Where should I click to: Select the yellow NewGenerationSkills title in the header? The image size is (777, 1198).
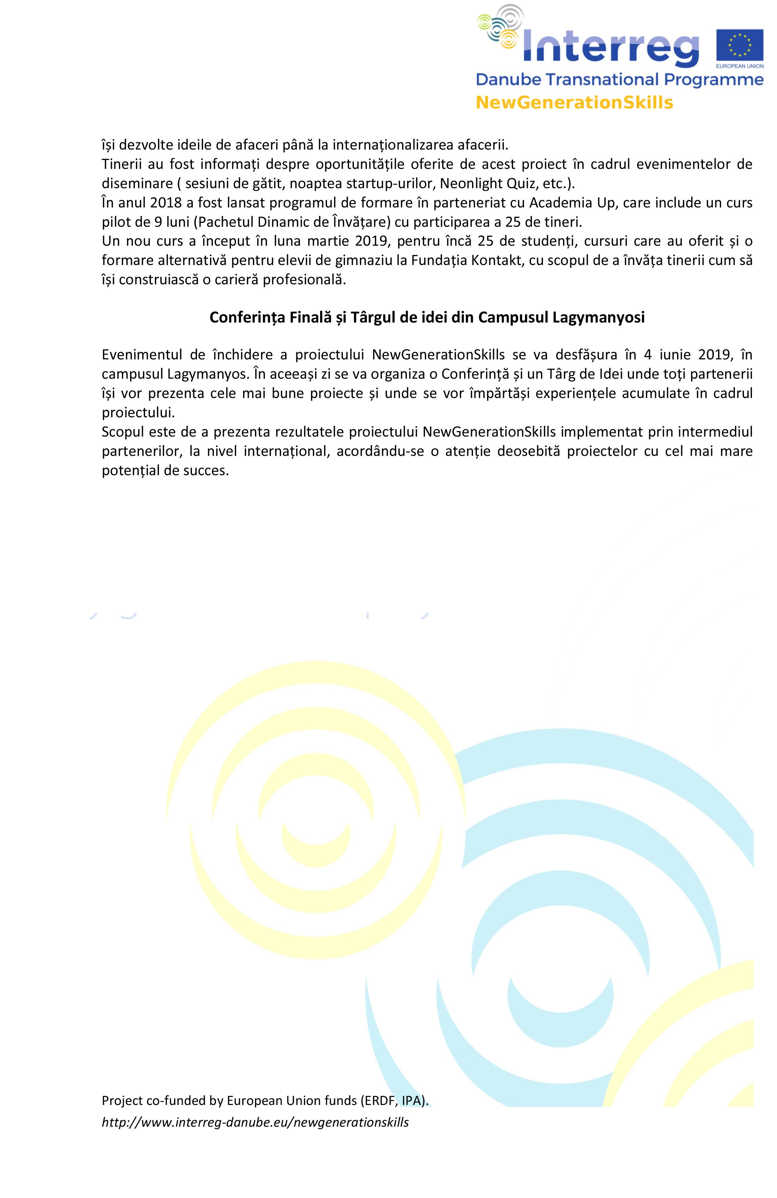tap(574, 103)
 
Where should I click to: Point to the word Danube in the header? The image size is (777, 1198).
tap(506, 80)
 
